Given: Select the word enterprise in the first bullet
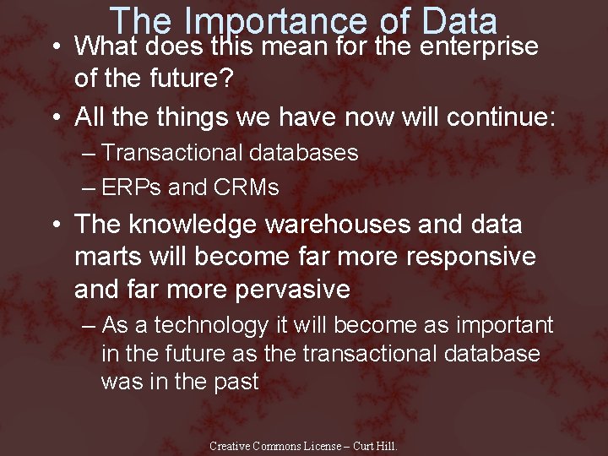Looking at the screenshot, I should pos(478,46).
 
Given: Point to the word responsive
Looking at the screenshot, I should pos(469,257).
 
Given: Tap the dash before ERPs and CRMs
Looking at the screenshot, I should pos(90,187).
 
